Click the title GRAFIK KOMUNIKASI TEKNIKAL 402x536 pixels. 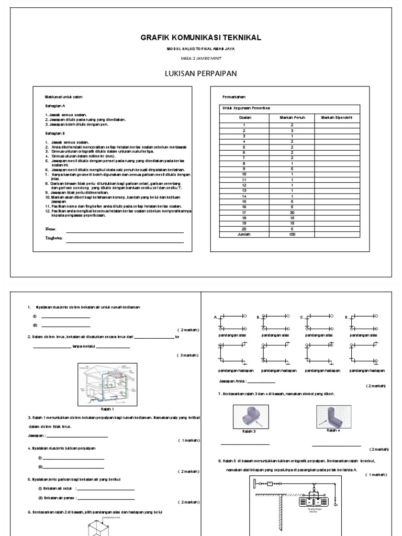point(200,38)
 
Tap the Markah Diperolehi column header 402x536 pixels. point(336,118)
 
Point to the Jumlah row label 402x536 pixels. point(243,234)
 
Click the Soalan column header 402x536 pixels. point(243,118)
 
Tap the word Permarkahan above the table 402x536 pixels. point(227,97)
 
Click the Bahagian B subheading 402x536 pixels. point(54,133)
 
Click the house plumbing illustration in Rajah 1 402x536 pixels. point(106,384)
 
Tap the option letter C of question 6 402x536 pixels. point(301,318)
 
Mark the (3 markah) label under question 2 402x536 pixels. point(187,355)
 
